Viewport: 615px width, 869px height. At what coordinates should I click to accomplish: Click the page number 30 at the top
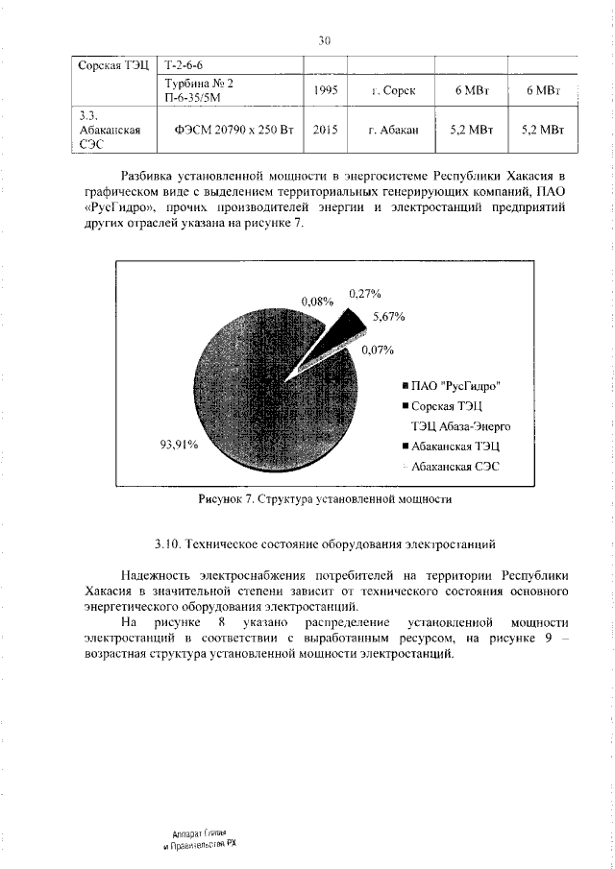tap(324, 40)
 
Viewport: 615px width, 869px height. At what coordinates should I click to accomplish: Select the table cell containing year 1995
tap(324, 90)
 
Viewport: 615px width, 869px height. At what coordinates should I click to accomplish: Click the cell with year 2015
tap(324, 128)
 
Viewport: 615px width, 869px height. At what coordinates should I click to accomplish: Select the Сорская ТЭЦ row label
tap(112, 65)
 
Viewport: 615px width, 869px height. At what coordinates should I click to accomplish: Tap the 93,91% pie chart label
tap(179, 444)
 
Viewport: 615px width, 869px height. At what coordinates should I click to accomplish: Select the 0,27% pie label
tap(364, 293)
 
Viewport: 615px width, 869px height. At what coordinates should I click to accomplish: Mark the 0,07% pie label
tap(379, 350)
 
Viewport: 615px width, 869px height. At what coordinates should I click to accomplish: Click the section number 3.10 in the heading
tap(169, 544)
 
